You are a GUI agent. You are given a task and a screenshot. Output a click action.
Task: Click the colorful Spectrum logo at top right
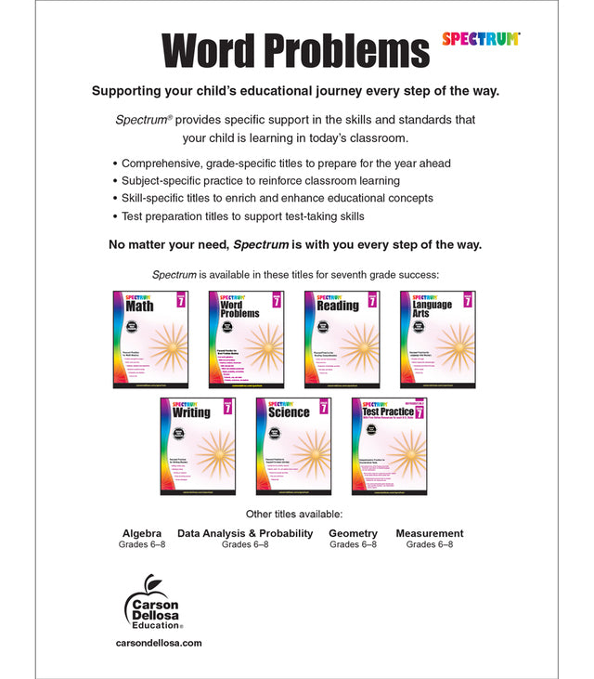pyautogui.click(x=481, y=39)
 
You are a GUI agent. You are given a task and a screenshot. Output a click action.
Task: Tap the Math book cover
pyautogui.click(x=150, y=338)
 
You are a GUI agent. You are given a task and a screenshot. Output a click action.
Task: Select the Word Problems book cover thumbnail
pyautogui.click(x=246, y=338)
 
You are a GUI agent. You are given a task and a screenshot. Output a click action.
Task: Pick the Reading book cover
pyautogui.click(x=342, y=338)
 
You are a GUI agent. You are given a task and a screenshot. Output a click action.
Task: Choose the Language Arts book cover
pyautogui.click(x=437, y=338)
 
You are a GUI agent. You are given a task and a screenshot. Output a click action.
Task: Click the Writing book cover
pyautogui.click(x=198, y=445)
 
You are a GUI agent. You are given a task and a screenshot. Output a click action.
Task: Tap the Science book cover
pyautogui.click(x=293, y=445)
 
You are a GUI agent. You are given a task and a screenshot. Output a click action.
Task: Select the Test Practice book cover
pyautogui.click(x=389, y=445)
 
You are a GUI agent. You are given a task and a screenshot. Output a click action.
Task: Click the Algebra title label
pyautogui.click(x=142, y=533)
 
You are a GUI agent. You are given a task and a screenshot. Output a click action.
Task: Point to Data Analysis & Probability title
pyautogui.click(x=245, y=533)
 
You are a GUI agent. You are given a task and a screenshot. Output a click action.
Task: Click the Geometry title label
pyautogui.click(x=353, y=533)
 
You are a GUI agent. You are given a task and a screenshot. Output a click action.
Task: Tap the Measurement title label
pyautogui.click(x=429, y=533)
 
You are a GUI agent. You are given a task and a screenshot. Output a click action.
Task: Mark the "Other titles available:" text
pyautogui.click(x=294, y=514)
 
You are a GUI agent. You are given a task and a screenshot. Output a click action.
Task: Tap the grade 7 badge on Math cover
pyautogui.click(x=181, y=301)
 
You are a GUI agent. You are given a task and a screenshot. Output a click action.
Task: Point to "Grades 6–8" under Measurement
pyautogui.click(x=429, y=544)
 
